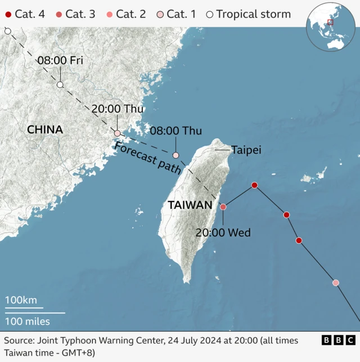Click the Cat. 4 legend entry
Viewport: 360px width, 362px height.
click(x=25, y=14)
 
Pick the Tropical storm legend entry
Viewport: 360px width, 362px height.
click(x=247, y=14)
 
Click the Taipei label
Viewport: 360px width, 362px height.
click(x=246, y=150)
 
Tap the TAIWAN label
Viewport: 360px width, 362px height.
click(x=190, y=206)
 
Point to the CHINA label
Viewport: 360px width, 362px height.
click(x=45, y=130)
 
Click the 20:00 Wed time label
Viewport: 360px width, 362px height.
click(x=223, y=233)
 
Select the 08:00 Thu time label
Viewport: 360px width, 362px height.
click(x=176, y=131)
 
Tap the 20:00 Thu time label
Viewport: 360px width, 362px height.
click(x=118, y=109)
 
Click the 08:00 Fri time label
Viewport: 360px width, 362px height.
click(x=60, y=60)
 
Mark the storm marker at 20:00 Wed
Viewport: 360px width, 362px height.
click(x=223, y=207)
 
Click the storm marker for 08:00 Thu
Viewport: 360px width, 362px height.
click(x=175, y=155)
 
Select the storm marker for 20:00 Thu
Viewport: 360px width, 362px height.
click(x=117, y=133)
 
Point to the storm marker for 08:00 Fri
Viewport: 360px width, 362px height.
click(x=60, y=84)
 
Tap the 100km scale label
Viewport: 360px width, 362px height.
click(x=21, y=300)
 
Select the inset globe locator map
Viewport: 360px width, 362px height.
click(x=328, y=26)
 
